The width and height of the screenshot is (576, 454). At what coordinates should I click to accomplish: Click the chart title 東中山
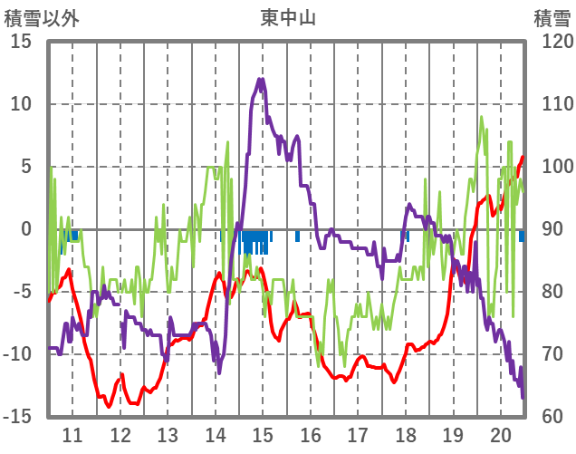click(x=288, y=17)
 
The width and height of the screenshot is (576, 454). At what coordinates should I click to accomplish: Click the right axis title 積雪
click(x=552, y=17)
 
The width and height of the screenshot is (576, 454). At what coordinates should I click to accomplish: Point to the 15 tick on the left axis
click(x=21, y=42)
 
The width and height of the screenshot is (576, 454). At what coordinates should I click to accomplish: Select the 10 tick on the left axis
click(x=21, y=104)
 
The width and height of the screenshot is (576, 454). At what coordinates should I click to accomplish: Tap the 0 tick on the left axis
click(x=27, y=229)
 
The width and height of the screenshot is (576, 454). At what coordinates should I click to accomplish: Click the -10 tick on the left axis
click(x=17, y=354)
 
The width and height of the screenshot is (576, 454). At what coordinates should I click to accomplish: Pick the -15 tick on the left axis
click(x=17, y=417)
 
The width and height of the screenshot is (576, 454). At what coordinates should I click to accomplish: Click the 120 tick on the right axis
click(x=551, y=42)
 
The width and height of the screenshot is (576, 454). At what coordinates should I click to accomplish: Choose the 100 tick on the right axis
click(x=551, y=167)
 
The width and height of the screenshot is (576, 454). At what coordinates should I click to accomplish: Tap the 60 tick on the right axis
click(x=546, y=417)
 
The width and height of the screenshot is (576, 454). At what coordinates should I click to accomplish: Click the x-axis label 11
click(x=72, y=434)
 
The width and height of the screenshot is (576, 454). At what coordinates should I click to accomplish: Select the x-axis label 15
click(x=263, y=434)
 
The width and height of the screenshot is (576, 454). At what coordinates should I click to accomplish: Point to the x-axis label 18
click(x=406, y=434)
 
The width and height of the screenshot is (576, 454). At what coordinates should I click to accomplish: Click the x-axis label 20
click(x=501, y=434)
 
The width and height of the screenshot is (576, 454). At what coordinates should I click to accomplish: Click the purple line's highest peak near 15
click(x=262, y=80)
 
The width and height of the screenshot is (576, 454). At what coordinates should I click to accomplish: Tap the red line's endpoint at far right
click(x=523, y=157)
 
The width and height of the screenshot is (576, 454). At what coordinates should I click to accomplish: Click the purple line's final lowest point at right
click(x=523, y=396)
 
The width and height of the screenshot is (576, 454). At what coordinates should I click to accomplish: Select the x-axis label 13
click(x=168, y=434)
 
